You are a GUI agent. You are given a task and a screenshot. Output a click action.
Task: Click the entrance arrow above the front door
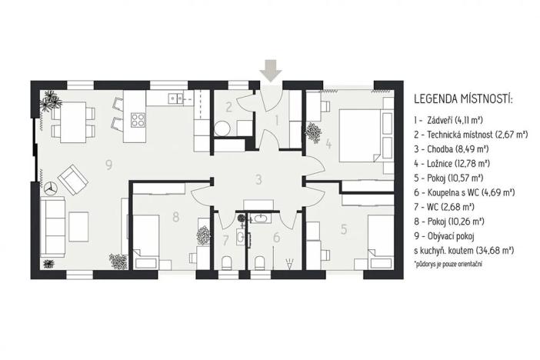(270, 70)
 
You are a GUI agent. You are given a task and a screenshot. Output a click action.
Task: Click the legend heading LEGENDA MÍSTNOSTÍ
(462, 100)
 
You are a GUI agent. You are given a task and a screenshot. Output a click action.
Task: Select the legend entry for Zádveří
(450, 120)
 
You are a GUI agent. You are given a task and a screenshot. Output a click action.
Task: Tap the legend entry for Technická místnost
(469, 135)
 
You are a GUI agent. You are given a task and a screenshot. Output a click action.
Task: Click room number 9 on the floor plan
(109, 164)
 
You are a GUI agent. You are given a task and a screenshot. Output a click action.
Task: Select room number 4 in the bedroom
(328, 143)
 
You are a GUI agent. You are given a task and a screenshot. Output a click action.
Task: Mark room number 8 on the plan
(175, 217)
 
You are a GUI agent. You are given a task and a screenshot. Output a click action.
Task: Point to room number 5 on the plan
(344, 228)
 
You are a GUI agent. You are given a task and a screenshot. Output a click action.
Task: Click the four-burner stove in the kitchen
(138, 119)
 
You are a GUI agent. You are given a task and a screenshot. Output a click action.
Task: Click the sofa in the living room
(53, 226)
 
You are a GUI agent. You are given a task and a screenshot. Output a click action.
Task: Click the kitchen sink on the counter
(175, 98)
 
